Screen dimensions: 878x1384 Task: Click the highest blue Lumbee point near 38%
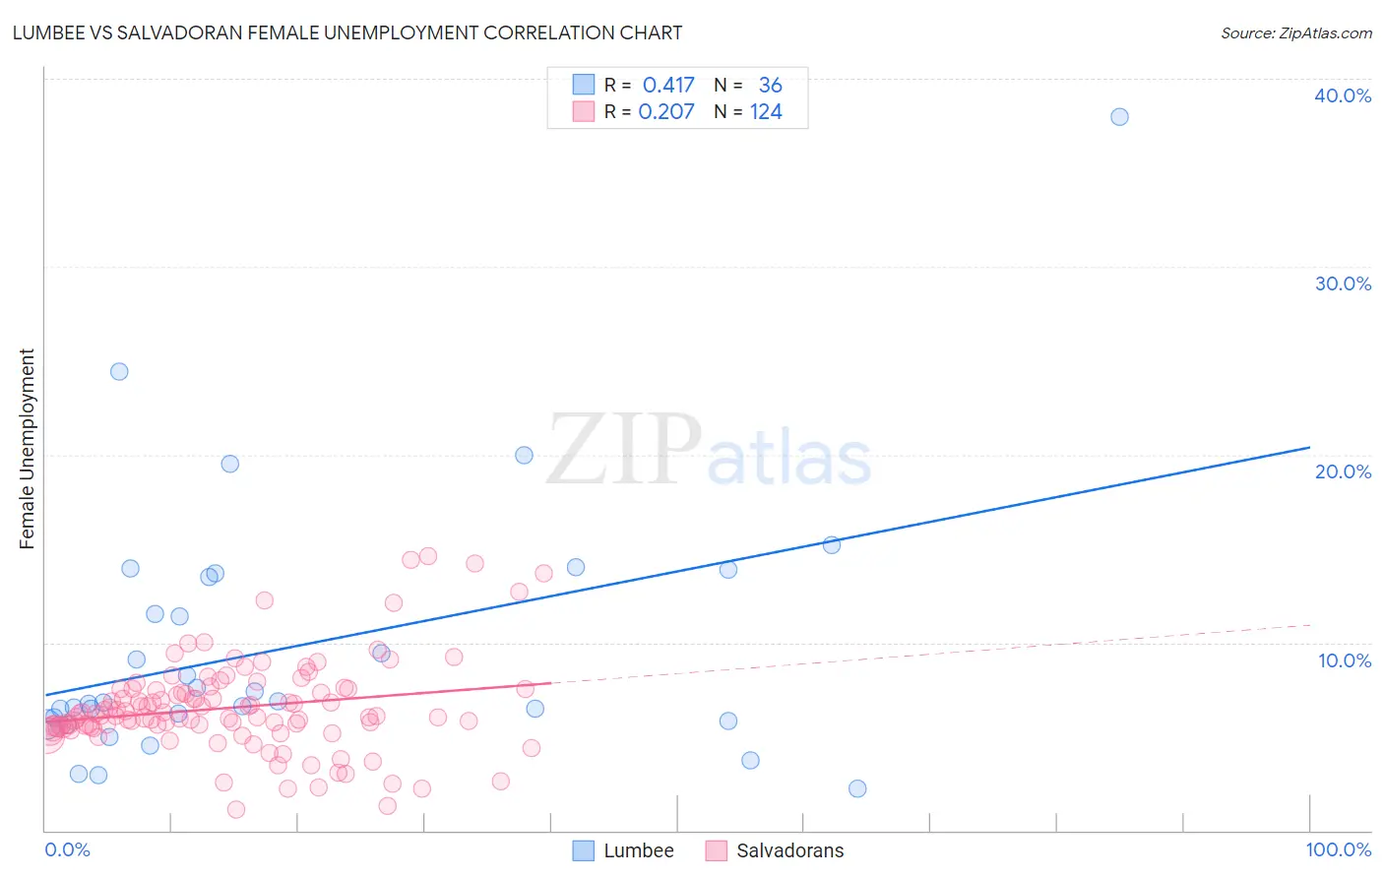pyautogui.click(x=1119, y=117)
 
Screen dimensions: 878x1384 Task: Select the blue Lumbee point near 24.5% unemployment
pyautogui.click(x=119, y=371)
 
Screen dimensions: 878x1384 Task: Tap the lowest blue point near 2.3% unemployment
pyautogui.click(x=857, y=788)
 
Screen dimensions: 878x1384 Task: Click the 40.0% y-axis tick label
pyautogui.click(x=1343, y=95)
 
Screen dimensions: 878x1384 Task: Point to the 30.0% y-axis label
pyautogui.click(x=1343, y=283)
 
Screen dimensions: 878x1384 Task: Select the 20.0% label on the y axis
pyautogui.click(x=1343, y=471)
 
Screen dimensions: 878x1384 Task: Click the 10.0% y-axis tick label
pyautogui.click(x=1343, y=660)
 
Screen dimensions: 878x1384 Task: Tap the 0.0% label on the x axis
pyautogui.click(x=67, y=850)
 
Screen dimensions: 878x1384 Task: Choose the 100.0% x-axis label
pyautogui.click(x=1338, y=850)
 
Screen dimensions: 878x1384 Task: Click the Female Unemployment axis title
pyautogui.click(x=27, y=449)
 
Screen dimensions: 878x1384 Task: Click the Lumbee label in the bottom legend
pyautogui.click(x=638, y=851)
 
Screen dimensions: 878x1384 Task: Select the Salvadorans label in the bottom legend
pyautogui.click(x=789, y=851)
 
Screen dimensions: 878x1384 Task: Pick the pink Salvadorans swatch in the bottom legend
pyautogui.click(x=716, y=851)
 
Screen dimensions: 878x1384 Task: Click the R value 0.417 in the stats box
pyautogui.click(x=668, y=86)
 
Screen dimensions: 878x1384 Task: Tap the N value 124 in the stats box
pyautogui.click(x=766, y=112)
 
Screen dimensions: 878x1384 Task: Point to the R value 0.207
pyautogui.click(x=666, y=112)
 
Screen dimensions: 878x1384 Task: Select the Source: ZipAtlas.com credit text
pyautogui.click(x=1295, y=33)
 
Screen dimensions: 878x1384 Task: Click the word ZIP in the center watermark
pyautogui.click(x=624, y=451)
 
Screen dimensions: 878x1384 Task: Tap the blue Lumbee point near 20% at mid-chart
pyautogui.click(x=524, y=455)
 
